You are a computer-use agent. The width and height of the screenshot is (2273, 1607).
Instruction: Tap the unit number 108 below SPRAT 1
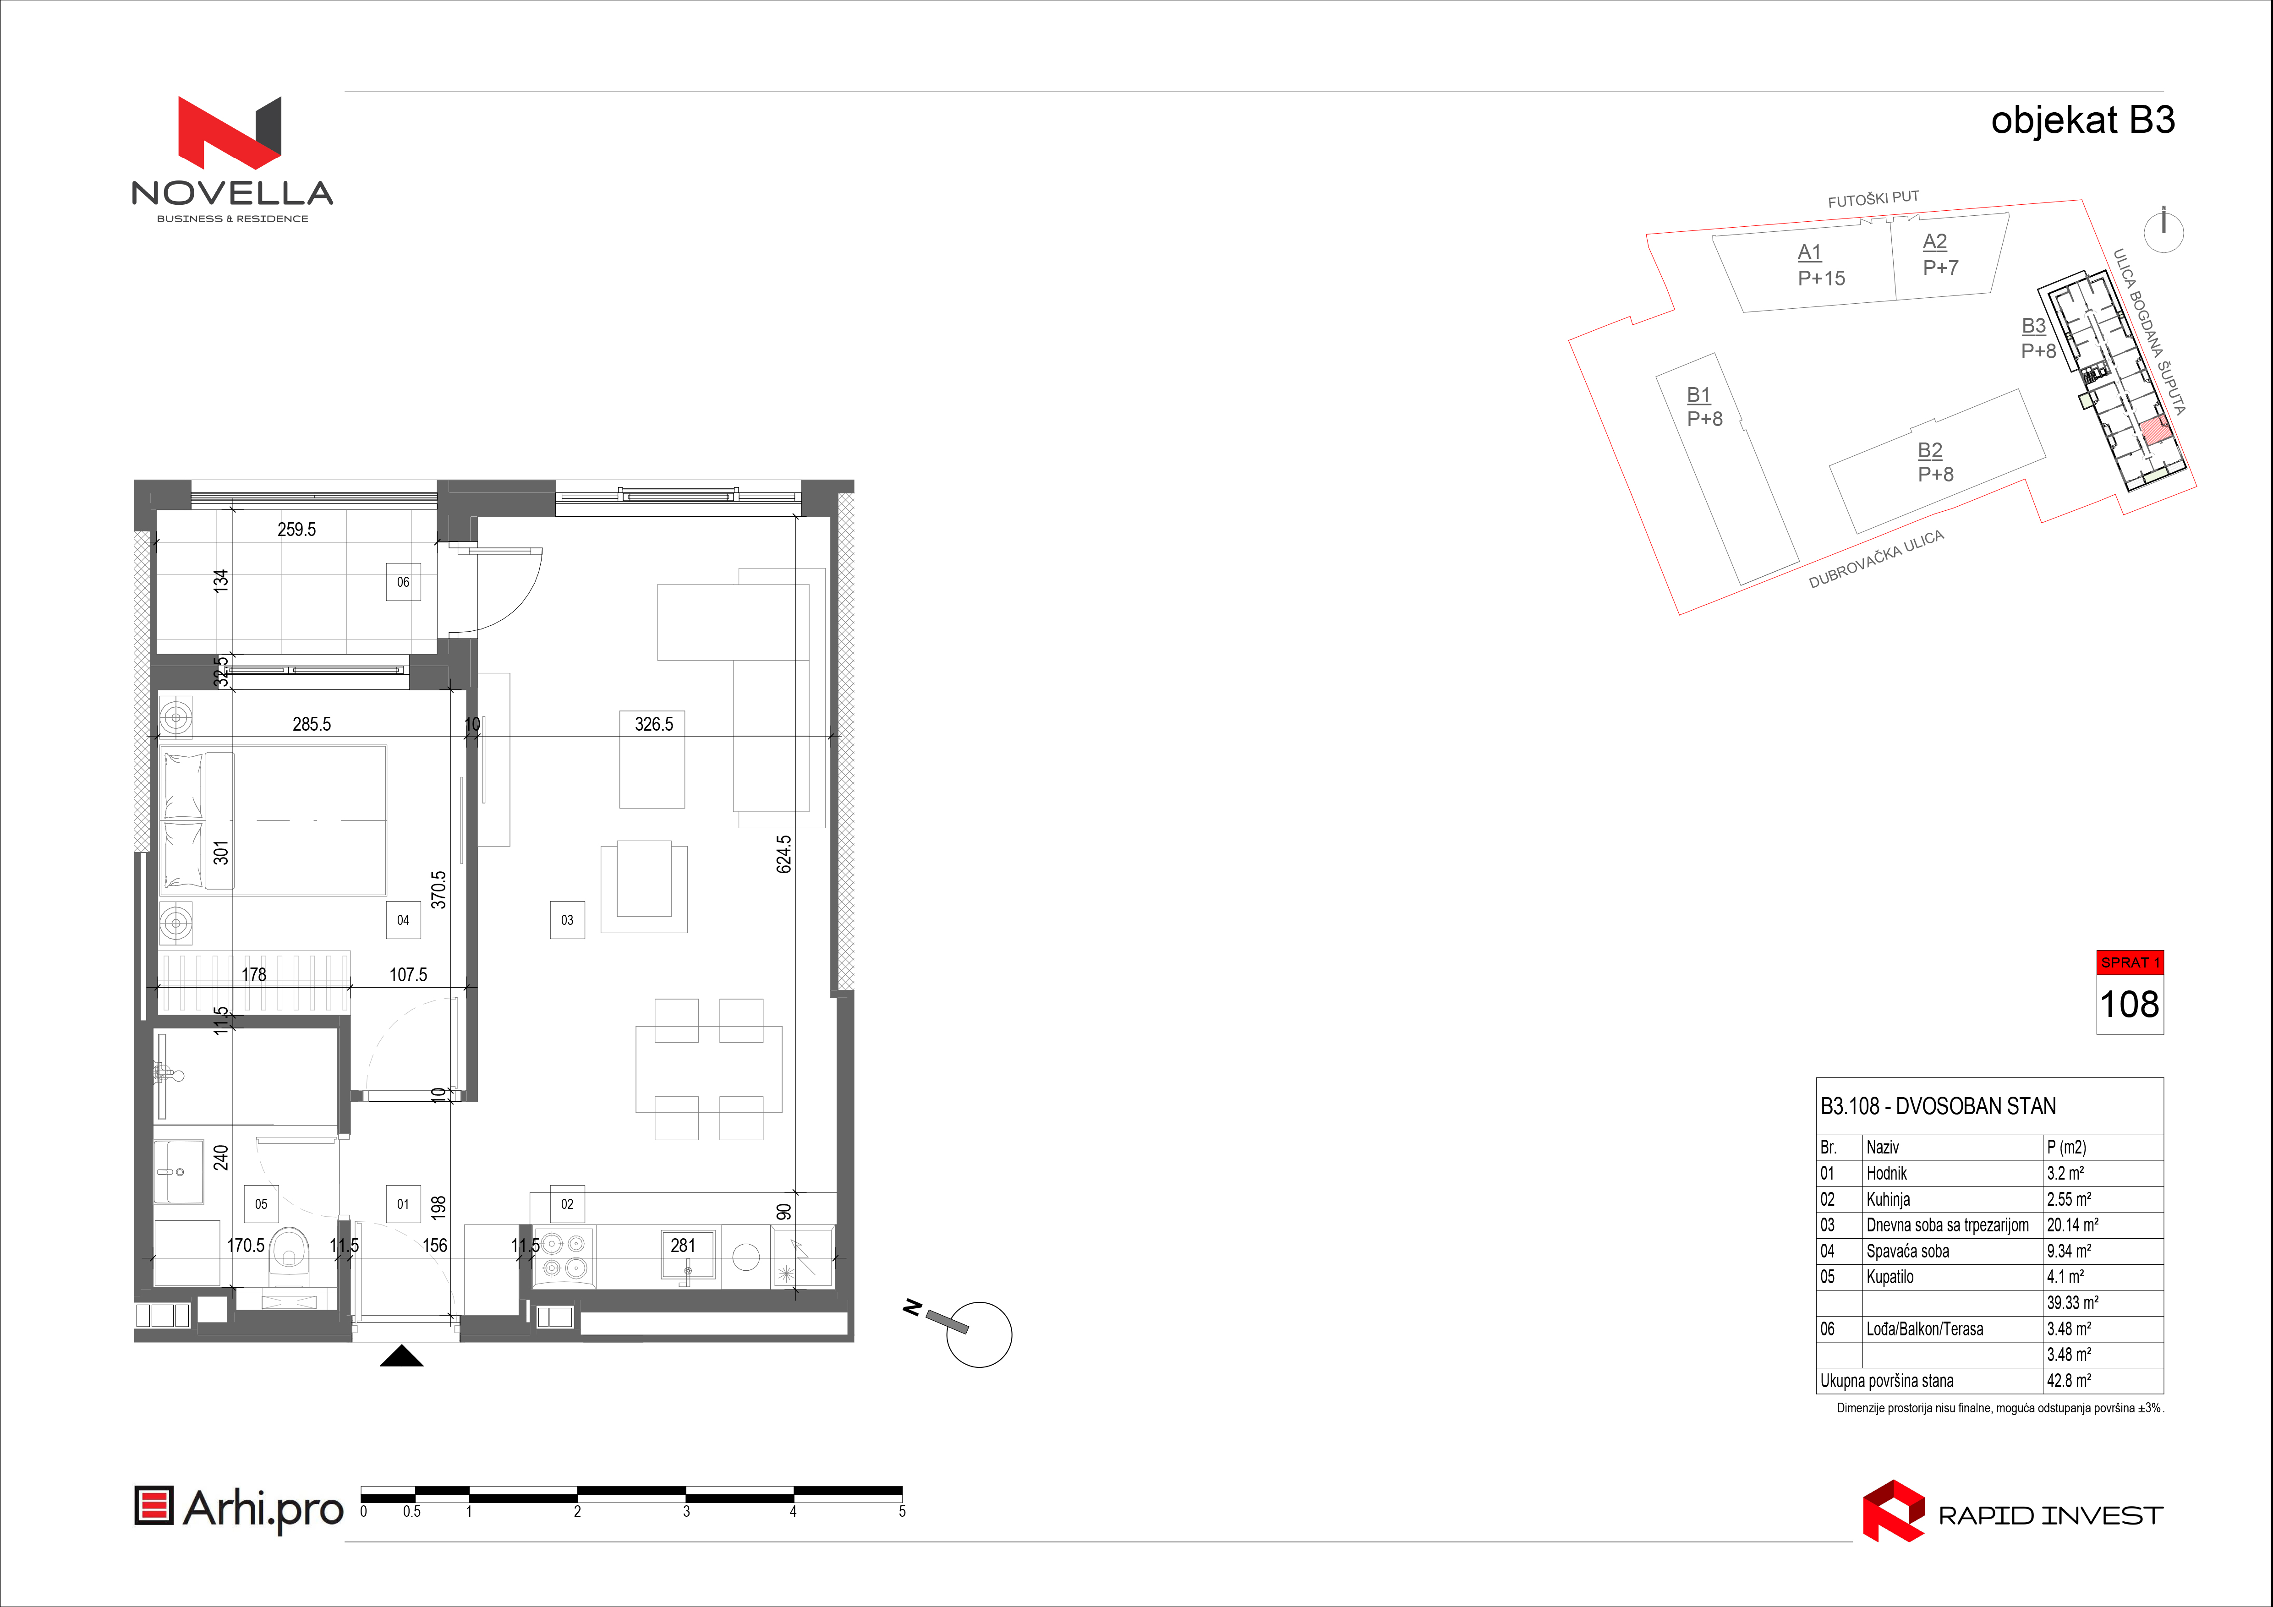pos(2130,1004)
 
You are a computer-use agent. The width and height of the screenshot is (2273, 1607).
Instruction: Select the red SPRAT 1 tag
pos(2130,962)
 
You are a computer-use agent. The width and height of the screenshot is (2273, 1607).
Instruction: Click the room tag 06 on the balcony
pos(403,582)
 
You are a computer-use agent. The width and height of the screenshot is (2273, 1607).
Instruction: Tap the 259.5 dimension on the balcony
pos(297,530)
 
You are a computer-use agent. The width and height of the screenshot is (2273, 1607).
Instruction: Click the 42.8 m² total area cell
pos(2069,1380)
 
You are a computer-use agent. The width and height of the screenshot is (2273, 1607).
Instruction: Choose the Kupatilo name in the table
pos(1890,1277)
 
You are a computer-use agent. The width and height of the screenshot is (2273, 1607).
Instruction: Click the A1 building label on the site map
pos(1809,252)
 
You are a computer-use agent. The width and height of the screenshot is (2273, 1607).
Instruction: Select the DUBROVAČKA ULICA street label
pos(1876,559)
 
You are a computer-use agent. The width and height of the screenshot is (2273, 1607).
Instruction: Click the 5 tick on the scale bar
pos(902,1511)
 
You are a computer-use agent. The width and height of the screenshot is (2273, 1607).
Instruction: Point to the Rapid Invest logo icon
pos(1893,1511)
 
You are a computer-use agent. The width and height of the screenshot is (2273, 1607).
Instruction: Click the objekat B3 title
pos(2083,121)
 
